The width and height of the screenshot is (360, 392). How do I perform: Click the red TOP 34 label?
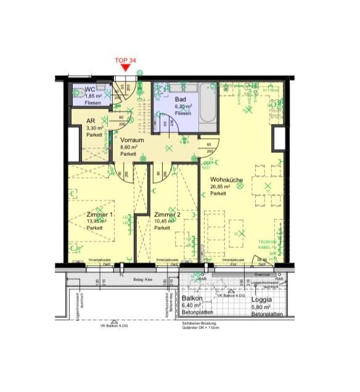pyautogui.click(x=126, y=60)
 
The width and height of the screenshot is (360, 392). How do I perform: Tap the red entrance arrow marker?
pyautogui.click(x=126, y=68)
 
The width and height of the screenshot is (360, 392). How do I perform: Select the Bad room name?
pyautogui.click(x=180, y=99)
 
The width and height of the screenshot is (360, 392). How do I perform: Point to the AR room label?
pyautogui.click(x=90, y=121)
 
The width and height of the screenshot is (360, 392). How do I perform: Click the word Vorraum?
pyautogui.click(x=132, y=140)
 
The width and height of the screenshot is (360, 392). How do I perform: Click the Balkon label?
pyautogui.click(x=191, y=298)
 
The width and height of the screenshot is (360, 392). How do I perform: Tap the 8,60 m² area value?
pyautogui.click(x=129, y=147)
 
